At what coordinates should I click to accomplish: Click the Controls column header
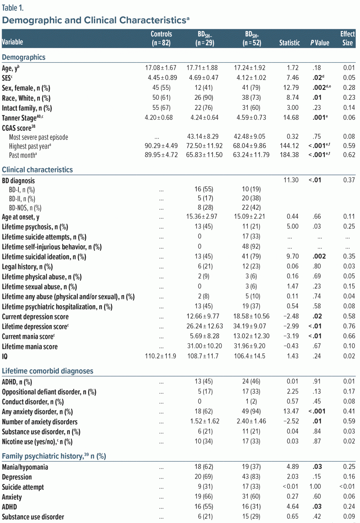tap(161, 38)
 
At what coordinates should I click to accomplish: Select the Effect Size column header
tap(347, 38)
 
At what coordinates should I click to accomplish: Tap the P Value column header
tap(320, 43)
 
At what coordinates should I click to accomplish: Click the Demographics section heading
tap(23, 57)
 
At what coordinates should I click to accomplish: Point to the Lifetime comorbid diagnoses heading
tap(48, 371)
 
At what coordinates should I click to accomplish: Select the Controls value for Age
tap(161, 68)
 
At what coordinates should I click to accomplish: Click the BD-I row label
tap(22, 190)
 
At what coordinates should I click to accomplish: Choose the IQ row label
tap(5, 356)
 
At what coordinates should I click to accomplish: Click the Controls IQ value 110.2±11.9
tap(160, 356)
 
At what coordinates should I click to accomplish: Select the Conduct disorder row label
tap(33, 402)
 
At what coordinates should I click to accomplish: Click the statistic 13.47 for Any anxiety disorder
tap(291, 411)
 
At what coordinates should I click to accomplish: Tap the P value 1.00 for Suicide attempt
tap(315, 487)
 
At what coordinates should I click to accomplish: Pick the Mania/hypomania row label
tap(25, 467)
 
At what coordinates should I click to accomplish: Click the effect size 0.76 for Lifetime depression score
tap(349, 326)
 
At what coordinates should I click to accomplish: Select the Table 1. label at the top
tap(13, 7)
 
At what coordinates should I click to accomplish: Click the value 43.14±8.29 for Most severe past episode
tap(203, 137)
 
